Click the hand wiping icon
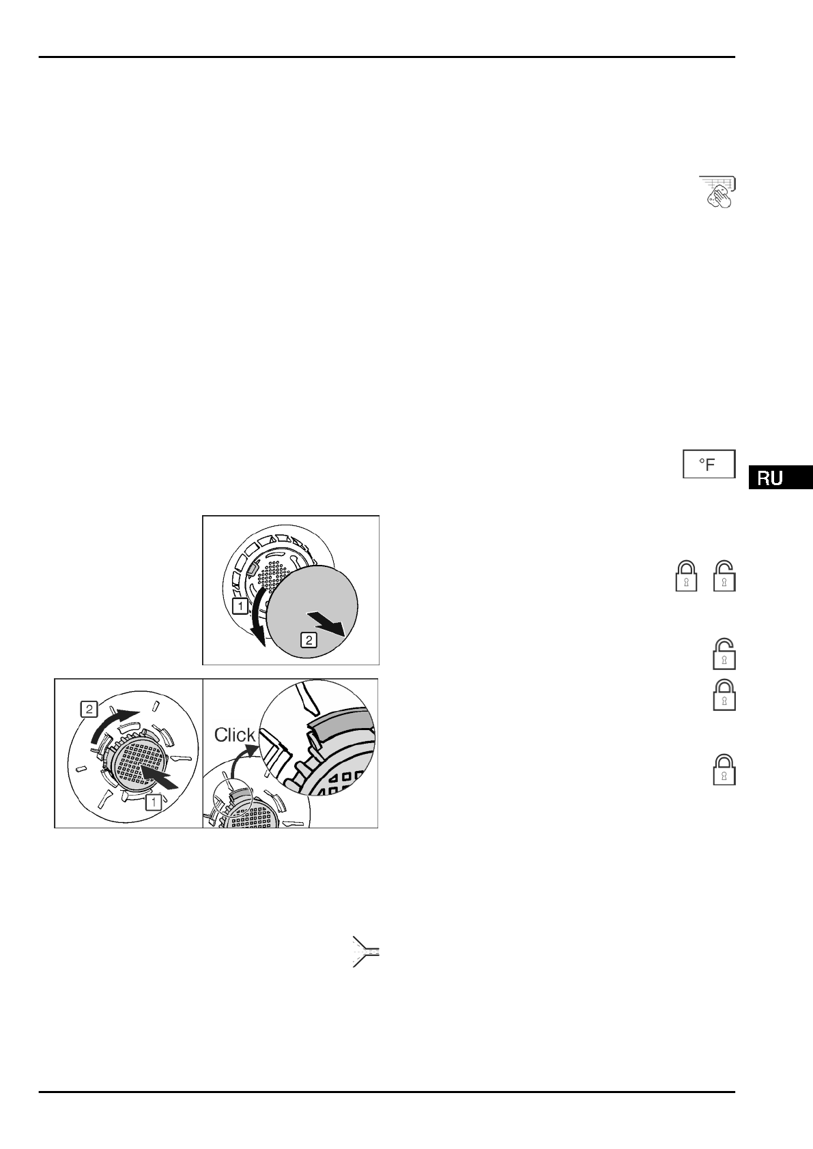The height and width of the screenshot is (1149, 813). click(x=717, y=192)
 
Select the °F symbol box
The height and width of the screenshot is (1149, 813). click(x=709, y=465)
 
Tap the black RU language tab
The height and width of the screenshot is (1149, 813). click(x=780, y=478)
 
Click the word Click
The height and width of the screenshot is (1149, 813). click(x=235, y=735)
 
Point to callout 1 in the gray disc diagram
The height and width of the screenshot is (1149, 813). click(x=240, y=605)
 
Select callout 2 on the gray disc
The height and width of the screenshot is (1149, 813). click(x=309, y=640)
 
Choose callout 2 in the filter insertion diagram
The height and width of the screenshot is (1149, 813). click(x=88, y=708)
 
